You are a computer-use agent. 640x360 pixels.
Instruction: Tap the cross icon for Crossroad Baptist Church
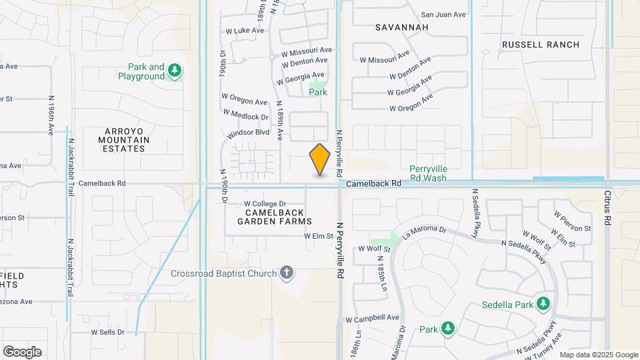click(x=287, y=272)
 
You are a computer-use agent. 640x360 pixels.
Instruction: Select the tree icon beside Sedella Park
click(x=543, y=304)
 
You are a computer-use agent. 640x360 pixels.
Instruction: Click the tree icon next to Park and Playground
click(x=175, y=71)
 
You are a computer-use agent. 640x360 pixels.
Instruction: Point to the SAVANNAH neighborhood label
click(x=401, y=27)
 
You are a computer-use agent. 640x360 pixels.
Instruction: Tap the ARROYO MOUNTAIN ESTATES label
click(x=124, y=140)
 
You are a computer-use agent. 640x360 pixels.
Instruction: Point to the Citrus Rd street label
click(x=607, y=209)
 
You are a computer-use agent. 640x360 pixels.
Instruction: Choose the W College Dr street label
click(x=265, y=204)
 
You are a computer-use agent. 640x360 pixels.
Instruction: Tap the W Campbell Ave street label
click(x=373, y=318)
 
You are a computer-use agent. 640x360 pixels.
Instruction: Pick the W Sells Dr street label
click(x=108, y=331)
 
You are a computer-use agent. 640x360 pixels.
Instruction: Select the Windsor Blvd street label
click(x=248, y=133)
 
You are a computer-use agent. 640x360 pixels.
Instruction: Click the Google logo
click(x=22, y=351)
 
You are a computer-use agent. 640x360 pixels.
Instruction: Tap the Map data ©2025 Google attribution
click(x=599, y=355)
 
